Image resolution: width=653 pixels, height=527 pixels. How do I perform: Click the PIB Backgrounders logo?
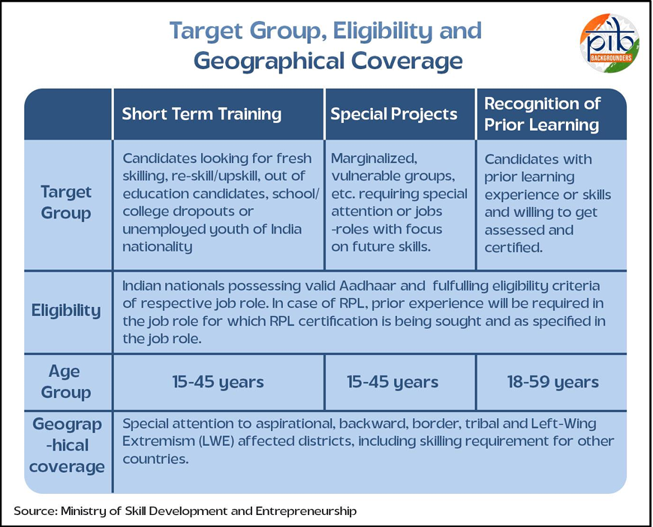609,43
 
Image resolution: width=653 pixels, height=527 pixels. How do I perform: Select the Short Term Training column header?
202,113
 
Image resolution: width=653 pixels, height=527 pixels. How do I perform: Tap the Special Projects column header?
394,113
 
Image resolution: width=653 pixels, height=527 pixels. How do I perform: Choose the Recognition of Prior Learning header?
542,113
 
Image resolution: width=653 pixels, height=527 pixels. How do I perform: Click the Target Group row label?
66,203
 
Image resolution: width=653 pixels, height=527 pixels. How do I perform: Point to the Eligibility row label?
66,311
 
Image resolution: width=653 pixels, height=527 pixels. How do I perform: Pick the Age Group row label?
65,381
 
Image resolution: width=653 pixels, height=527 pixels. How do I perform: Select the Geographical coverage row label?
67,445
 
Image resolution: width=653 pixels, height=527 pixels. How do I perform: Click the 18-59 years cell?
552,382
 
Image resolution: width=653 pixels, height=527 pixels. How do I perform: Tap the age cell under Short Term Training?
218,382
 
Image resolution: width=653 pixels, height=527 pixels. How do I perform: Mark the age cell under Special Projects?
393,382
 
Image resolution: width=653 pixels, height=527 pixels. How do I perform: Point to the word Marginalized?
374,158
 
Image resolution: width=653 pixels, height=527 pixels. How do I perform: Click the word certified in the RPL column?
513,248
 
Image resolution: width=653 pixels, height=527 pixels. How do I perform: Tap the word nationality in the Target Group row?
158,247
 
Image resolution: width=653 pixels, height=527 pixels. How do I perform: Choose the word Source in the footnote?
35,511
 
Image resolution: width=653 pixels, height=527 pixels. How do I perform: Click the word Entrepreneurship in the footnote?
306,511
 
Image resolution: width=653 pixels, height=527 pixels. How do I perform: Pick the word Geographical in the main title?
269,62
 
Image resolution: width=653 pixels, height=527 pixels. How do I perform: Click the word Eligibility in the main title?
383,31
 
